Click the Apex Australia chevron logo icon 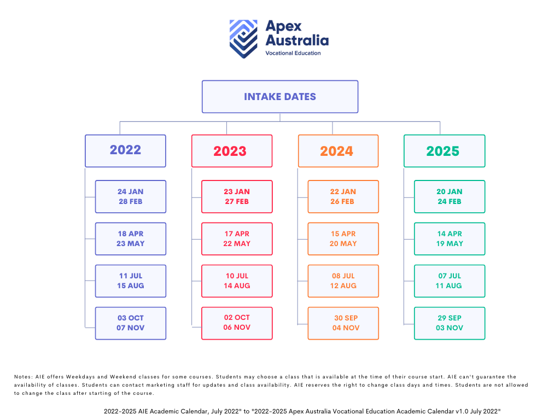coord(243,39)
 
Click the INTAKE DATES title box coord(280,97)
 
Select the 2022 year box coord(125,151)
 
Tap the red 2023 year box coord(232,151)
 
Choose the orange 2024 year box coord(338,151)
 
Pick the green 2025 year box coord(444,151)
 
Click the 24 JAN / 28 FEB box coord(131,197)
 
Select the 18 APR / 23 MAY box coord(131,239)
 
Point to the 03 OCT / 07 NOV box coord(131,323)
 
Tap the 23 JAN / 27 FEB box coord(237,197)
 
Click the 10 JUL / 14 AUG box coord(237,281)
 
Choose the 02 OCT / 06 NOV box coord(237,323)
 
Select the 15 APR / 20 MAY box coord(343,239)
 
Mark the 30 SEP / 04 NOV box coord(343,323)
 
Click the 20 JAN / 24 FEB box coord(450,197)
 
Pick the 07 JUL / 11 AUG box coord(450,281)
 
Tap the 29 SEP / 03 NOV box coord(450,323)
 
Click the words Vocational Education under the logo coord(293,53)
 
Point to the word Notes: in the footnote coord(24,377)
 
